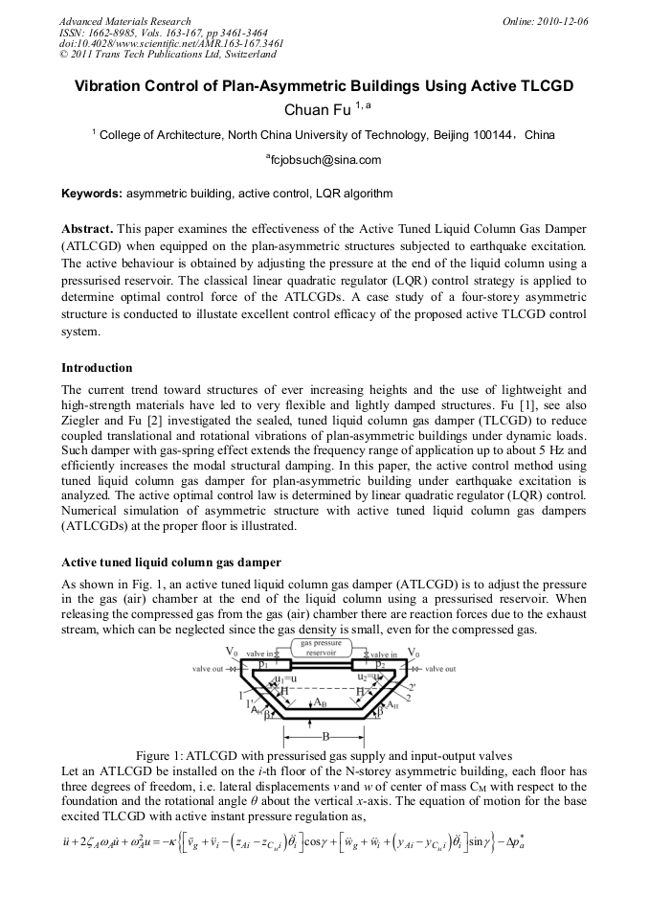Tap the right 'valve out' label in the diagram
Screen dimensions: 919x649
click(x=439, y=668)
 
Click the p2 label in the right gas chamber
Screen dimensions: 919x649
click(x=380, y=663)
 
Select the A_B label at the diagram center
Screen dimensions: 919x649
click(x=324, y=702)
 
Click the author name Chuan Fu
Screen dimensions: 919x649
click(x=317, y=110)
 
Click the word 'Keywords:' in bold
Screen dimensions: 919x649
click(x=92, y=194)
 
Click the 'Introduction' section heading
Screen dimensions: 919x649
click(x=97, y=368)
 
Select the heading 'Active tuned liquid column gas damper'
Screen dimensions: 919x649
click(x=171, y=562)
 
